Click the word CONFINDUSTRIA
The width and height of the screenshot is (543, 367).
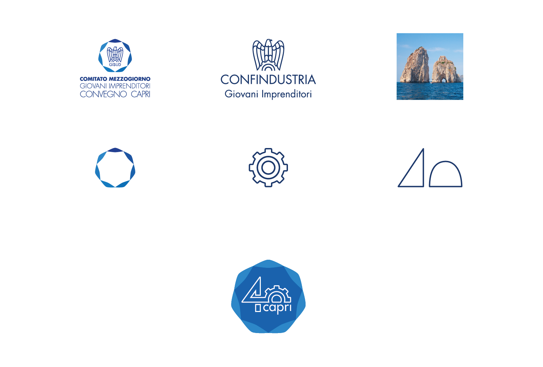(268, 80)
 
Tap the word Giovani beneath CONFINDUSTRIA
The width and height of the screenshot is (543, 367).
(241, 94)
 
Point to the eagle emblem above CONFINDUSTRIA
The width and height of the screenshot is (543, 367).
(268, 54)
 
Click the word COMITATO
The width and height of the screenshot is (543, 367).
(93, 79)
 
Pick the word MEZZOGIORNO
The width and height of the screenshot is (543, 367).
(130, 79)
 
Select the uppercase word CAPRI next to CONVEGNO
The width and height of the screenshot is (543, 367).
(140, 94)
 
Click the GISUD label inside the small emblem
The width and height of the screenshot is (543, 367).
(115, 65)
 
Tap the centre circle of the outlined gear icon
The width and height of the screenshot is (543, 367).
(268, 167)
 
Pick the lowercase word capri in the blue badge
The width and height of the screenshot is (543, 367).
(277, 308)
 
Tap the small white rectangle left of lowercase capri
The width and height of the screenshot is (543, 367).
(258, 308)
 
